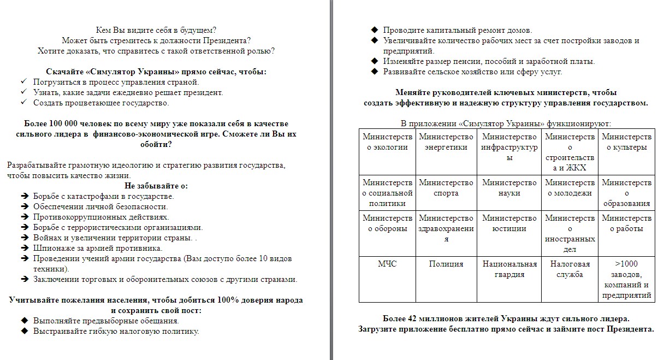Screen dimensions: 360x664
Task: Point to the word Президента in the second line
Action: pyautogui.click(x=227, y=40)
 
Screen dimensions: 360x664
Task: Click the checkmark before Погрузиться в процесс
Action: pyautogui.click(x=23, y=82)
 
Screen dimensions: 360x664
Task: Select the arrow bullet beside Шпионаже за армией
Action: pyautogui.click(x=24, y=248)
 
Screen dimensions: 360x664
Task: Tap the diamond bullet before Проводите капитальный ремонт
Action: pyautogui.click(x=374, y=30)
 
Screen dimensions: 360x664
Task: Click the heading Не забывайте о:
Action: pyautogui.click(x=156, y=186)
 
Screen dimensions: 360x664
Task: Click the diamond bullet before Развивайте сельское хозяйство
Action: pyautogui.click(x=374, y=72)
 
